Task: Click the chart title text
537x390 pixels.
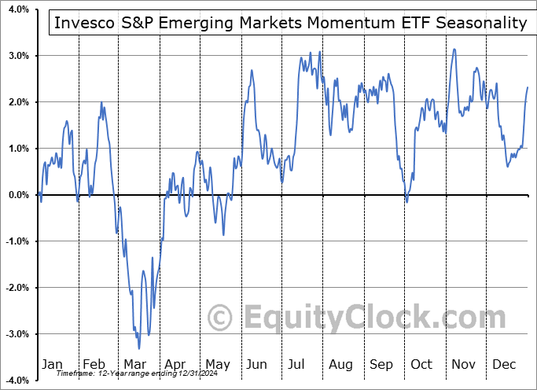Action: coord(290,23)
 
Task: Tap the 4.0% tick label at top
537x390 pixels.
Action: coord(19,9)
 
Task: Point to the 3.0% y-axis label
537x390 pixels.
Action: coord(19,56)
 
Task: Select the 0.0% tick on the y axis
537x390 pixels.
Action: coord(19,195)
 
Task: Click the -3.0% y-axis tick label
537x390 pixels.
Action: coord(17,334)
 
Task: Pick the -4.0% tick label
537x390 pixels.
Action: coord(17,381)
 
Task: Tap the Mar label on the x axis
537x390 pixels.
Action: coord(134,365)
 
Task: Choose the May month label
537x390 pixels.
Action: coord(217,365)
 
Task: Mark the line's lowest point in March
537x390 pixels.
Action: coord(139,348)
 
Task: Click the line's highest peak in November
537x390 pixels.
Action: coord(454,49)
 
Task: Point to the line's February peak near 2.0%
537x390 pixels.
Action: coord(101,102)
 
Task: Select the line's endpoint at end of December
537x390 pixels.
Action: coord(528,87)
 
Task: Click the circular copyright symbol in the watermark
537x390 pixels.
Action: coord(223,318)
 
